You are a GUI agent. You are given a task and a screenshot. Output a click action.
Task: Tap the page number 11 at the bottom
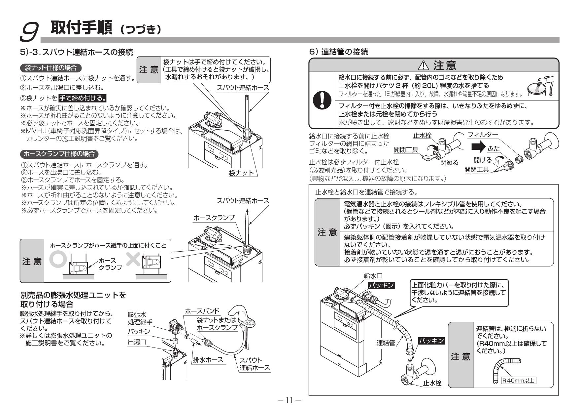point(289,400)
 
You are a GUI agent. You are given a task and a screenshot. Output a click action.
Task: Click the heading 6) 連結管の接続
point(338,52)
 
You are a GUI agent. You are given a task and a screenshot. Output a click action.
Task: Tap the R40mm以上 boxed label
point(518,381)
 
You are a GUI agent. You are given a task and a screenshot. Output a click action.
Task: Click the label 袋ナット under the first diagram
point(241,173)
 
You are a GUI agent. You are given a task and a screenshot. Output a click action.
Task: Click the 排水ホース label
point(208,360)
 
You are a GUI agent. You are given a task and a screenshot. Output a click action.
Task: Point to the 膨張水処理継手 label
point(140,318)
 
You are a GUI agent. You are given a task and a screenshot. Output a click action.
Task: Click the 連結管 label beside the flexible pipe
point(386,343)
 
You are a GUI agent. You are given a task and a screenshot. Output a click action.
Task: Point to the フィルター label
point(483,135)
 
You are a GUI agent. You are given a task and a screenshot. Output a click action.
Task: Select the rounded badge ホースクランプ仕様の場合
point(59,154)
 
